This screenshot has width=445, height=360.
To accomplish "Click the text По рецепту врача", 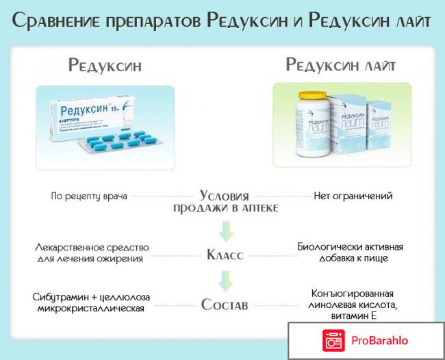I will coord(89,196).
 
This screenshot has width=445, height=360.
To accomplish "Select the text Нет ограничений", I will coord(353,196).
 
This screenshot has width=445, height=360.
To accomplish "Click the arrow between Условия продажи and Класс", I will coord(223,228).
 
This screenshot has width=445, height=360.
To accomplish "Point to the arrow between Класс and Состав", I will coord(223,279).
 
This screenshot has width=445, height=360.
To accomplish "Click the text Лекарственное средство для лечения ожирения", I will coord(91,253).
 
